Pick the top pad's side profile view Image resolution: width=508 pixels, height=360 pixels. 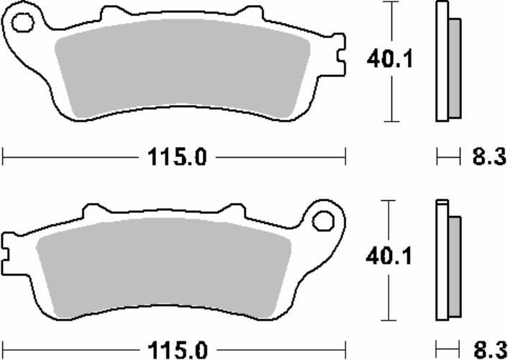coord(446,61)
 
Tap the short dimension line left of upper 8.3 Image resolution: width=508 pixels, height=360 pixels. coord(448,156)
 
